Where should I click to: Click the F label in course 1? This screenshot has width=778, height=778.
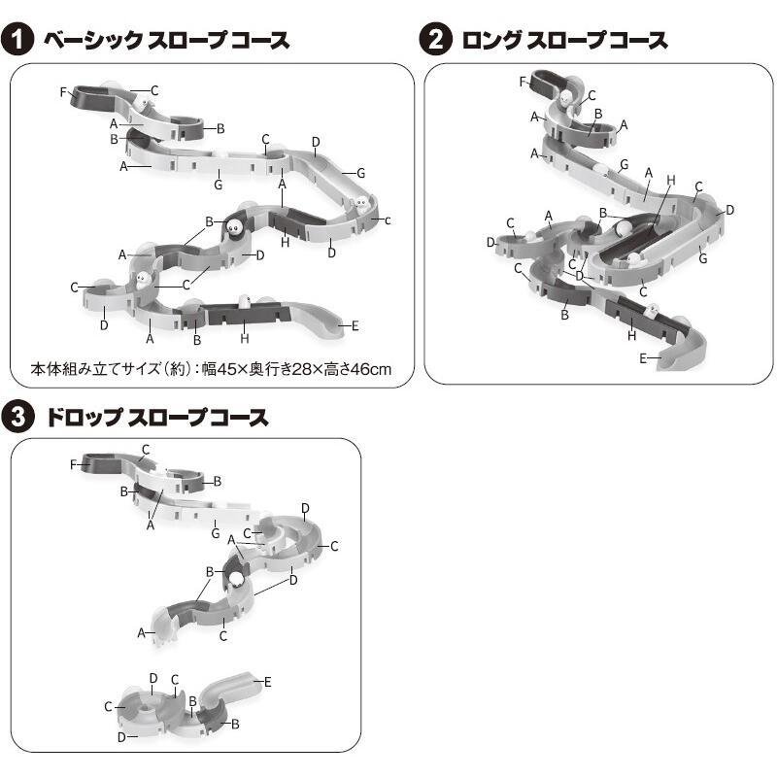(63, 92)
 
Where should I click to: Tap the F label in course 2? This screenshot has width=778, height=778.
(523, 82)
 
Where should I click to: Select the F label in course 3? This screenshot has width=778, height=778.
(73, 464)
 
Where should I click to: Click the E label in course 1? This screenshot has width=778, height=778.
(355, 326)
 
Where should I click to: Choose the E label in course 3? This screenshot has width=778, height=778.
(267, 682)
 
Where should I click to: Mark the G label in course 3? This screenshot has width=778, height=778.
(216, 533)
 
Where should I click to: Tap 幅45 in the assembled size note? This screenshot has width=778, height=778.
(223, 369)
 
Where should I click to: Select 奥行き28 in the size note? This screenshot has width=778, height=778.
(292, 369)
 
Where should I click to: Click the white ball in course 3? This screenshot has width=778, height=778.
(236, 581)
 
